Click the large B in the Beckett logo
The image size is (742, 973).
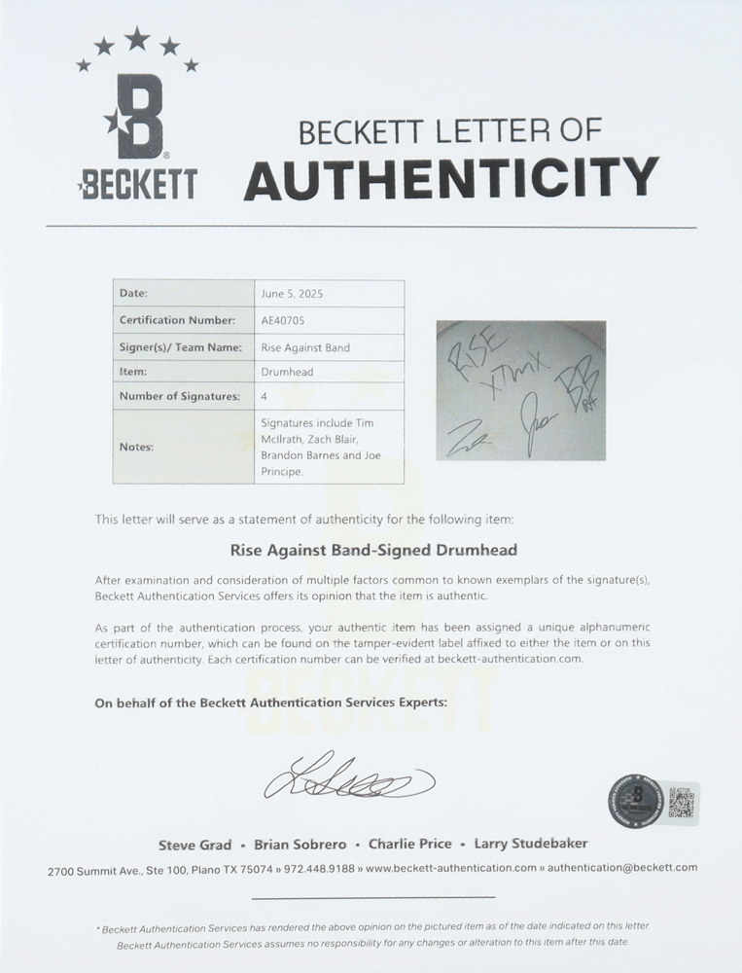pos(137,119)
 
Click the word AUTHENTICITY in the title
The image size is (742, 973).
pos(450,177)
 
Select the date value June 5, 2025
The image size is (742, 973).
pos(291,293)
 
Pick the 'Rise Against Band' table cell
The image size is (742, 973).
pos(305,347)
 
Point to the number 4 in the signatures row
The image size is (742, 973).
pos(264,397)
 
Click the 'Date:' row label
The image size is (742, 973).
pos(133,293)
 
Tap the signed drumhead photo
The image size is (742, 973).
pos(521,391)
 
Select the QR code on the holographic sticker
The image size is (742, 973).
pos(684,804)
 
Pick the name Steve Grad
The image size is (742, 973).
pos(195,845)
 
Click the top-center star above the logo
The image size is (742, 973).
pos(137,38)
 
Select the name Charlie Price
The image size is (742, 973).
pos(408,845)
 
